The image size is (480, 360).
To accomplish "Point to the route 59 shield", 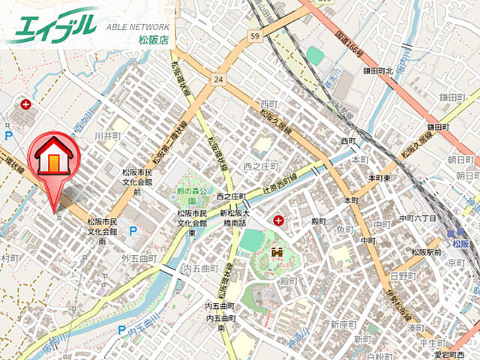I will click(x=256, y=34).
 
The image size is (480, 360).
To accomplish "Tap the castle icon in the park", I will click(x=272, y=256).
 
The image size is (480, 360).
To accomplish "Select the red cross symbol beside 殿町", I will click(x=279, y=220).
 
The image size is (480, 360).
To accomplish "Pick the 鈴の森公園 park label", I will click(x=193, y=196).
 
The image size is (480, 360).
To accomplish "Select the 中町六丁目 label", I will click(x=417, y=217).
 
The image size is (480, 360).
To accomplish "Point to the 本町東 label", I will click(x=379, y=178).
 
